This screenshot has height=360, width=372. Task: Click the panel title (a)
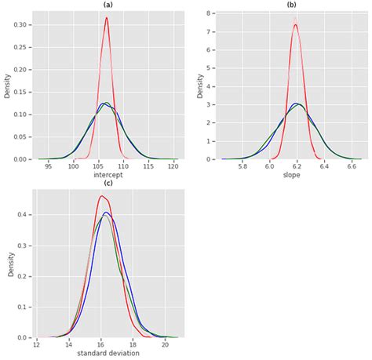click(x=107, y=5)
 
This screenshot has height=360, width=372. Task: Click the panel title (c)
click(x=107, y=184)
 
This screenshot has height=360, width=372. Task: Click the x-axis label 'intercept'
click(x=107, y=175)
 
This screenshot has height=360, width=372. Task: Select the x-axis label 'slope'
click(x=292, y=175)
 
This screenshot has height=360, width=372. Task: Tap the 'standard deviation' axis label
click(x=108, y=354)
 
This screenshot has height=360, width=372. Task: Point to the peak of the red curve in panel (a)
click(x=107, y=18)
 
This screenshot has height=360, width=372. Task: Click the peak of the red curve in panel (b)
click(x=295, y=24)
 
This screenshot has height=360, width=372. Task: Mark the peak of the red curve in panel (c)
click(x=102, y=196)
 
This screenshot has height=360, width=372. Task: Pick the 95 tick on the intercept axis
click(x=49, y=166)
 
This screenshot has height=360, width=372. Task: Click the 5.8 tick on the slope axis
click(x=243, y=166)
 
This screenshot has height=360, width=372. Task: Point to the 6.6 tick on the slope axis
click(x=352, y=166)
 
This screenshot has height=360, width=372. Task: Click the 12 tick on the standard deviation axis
click(x=37, y=345)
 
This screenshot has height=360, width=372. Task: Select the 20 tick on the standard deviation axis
click(x=165, y=345)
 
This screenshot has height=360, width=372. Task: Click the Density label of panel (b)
click(x=200, y=86)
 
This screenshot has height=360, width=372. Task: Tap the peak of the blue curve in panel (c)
click(x=107, y=213)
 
